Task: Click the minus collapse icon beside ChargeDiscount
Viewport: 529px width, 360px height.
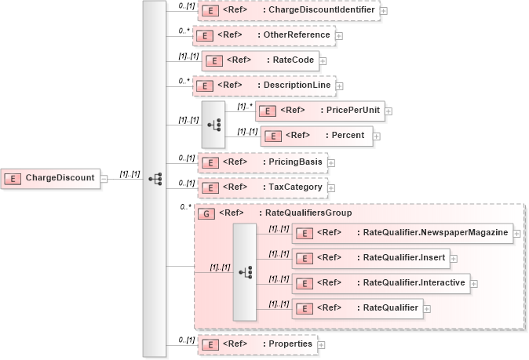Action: point(104,178)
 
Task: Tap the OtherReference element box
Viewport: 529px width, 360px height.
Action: point(264,35)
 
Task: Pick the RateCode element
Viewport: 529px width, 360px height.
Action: point(259,60)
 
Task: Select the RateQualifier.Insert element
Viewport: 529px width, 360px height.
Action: point(370,257)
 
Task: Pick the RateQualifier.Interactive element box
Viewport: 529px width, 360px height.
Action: point(381,282)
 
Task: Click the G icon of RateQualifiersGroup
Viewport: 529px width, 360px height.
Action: point(206,213)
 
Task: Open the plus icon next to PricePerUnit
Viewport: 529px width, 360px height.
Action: point(389,111)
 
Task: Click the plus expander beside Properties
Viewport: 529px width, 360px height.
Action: point(321,344)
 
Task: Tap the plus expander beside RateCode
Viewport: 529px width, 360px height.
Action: point(323,61)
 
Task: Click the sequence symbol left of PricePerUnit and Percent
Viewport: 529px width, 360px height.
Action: point(213,123)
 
